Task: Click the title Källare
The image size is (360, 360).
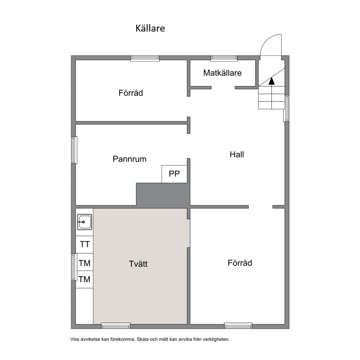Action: (150, 28)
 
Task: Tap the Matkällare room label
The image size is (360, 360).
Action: (222, 73)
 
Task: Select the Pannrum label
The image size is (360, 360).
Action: (130, 159)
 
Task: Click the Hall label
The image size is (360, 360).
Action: (237, 154)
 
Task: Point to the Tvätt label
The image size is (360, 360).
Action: (138, 264)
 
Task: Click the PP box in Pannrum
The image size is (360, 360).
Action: (174, 174)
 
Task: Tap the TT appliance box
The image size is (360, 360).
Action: (85, 244)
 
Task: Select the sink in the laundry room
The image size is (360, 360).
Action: (85, 222)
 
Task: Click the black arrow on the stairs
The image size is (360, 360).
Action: (271, 81)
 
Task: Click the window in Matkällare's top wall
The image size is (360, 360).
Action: (224, 58)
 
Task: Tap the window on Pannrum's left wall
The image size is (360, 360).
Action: (74, 150)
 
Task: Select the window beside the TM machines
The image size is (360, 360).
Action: (74, 267)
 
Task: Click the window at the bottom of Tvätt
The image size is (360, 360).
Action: (116, 326)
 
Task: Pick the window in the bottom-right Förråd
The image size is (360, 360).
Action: (238, 326)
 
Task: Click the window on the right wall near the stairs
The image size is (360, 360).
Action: (286, 109)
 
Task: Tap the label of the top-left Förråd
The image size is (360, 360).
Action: (131, 93)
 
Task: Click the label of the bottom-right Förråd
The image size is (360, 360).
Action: (240, 263)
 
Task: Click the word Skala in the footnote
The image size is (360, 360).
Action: (143, 339)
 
